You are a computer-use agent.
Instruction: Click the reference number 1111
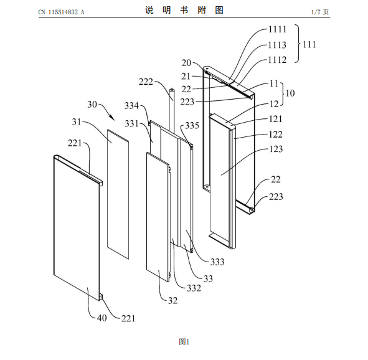[278, 29]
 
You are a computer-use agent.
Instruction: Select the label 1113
[278, 45]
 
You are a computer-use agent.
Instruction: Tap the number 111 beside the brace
[309, 44]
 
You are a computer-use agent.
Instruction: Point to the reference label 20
[186, 63]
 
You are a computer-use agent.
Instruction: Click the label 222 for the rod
[146, 82]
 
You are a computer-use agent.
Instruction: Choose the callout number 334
[131, 106]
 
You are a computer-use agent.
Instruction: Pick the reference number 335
[192, 126]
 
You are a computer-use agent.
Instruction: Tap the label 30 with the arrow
[92, 104]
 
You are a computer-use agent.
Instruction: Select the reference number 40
[102, 318]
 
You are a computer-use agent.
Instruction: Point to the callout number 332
[194, 288]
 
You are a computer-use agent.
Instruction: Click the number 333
[217, 262]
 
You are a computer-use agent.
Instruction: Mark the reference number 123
[276, 149]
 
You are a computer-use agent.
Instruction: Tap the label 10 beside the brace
[290, 93]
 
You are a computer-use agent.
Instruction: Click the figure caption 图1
[184, 342]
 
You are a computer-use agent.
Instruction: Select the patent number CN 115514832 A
[61, 12]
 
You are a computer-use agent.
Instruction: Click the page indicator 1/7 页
[320, 12]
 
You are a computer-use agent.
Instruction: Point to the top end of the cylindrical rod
[172, 90]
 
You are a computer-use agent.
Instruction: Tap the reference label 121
[275, 119]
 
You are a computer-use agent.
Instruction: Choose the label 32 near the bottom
[172, 300]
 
